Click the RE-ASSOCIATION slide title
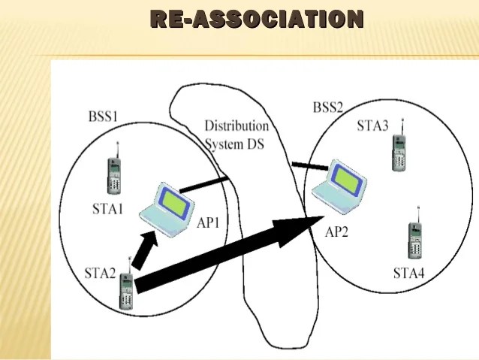coord(257,19)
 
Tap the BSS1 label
coord(103,116)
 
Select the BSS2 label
coord(327,107)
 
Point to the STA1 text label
coord(107,209)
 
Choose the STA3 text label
coord(372,126)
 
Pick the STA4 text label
coord(408,273)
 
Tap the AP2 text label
coord(336,232)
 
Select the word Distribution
coord(236,126)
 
